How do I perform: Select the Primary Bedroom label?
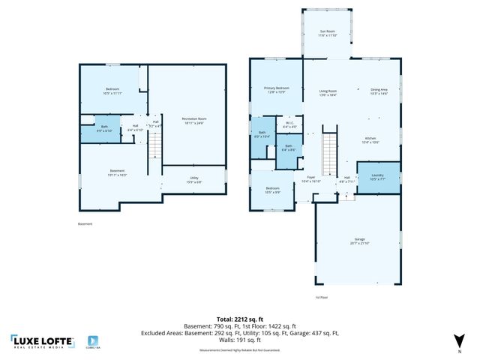pos(276,89)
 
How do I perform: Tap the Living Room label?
pos(328,91)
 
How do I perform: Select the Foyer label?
pos(310,178)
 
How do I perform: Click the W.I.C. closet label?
pos(289,124)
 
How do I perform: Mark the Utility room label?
pos(193,179)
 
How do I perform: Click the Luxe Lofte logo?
pos(43,341)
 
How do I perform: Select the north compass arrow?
pos(459,342)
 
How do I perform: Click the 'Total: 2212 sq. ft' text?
pos(239,319)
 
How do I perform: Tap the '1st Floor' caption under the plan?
pos(321,297)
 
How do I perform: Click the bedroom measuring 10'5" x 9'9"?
pos(271,189)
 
